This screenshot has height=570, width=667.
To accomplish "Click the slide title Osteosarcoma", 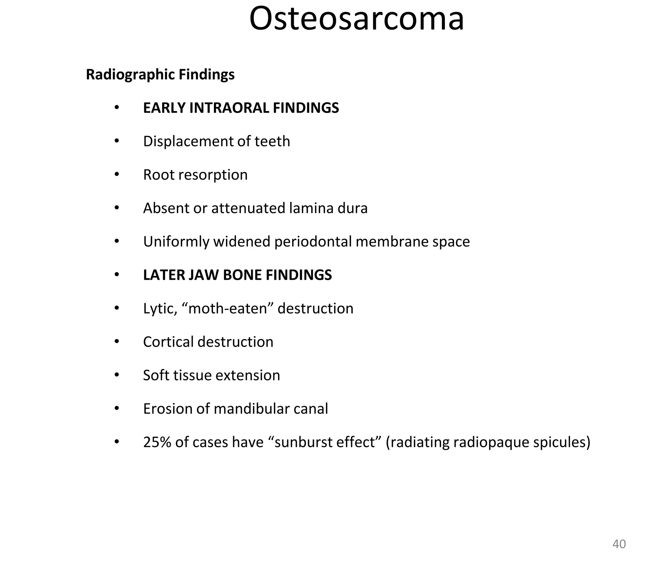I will pyautogui.click(x=356, y=19).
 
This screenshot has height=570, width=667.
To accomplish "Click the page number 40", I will pyautogui.click(x=619, y=544).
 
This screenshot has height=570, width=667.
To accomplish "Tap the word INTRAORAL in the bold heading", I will pyautogui.click(x=229, y=108).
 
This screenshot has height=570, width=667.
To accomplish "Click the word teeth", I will pyautogui.click(x=272, y=141).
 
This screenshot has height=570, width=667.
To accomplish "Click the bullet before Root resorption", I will pyautogui.click(x=117, y=175).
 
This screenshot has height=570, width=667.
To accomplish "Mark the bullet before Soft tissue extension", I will pyautogui.click(x=117, y=375).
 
